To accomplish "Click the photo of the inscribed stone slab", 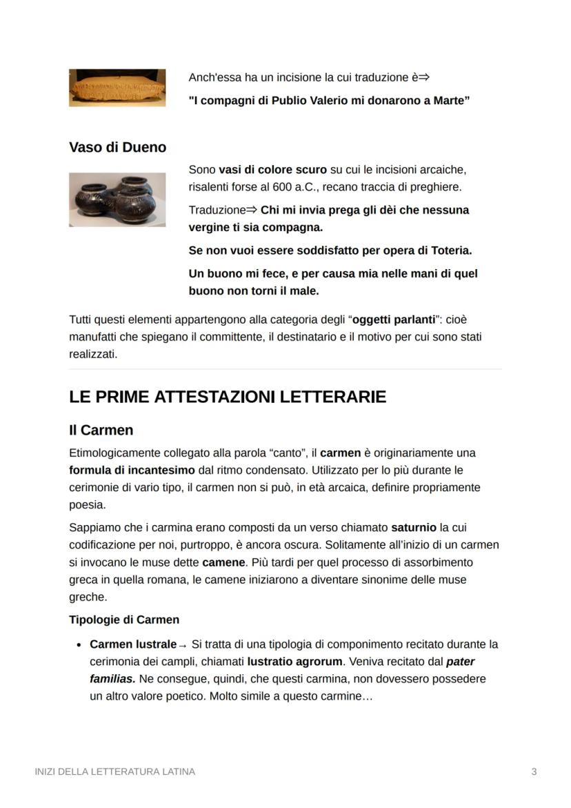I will point(117,88).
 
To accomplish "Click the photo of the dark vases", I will point(117,199).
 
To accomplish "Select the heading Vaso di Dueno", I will point(117,147).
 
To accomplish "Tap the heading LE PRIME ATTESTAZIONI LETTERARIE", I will point(227,397).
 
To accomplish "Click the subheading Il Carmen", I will point(101,430).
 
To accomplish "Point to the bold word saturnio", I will point(414,527).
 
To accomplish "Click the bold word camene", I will point(223,562).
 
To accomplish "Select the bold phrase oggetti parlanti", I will point(394,320).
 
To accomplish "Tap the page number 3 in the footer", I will point(534,771).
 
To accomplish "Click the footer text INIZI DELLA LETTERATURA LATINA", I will point(114,771).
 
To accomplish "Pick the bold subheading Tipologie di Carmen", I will point(124,620).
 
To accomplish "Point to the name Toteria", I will point(449,250).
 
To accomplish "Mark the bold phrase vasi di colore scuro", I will point(272,170).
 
